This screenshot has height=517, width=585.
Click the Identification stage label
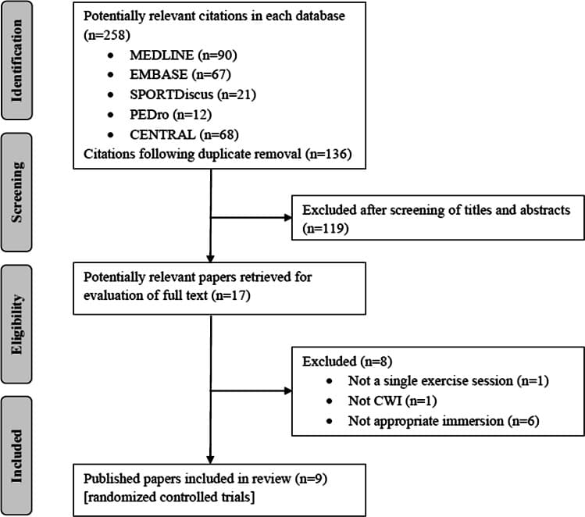coord(16,60)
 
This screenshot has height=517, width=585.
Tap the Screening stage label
coord(16,192)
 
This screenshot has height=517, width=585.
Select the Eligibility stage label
coord(16,324)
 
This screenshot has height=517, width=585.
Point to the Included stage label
coord(16,456)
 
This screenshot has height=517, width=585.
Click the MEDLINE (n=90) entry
coord(184,55)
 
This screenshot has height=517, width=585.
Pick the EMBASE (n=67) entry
coord(180,75)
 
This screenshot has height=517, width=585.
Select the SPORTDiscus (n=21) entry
coord(193,94)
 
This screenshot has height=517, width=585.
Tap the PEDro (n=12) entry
coord(170,115)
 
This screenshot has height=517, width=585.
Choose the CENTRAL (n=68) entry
coord(184,134)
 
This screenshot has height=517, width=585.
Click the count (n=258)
coord(107,35)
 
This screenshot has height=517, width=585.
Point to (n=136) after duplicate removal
coord(328,154)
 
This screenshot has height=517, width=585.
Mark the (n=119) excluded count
coord(326,228)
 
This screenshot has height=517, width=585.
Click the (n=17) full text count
coord(230,295)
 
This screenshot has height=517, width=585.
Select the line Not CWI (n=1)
coord(393,401)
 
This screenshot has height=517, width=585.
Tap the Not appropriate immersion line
coord(444,421)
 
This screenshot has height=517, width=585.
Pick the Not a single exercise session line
coord(448,381)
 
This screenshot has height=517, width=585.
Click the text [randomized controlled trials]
coord(169,497)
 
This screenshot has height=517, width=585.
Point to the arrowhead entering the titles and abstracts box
coord(288,217)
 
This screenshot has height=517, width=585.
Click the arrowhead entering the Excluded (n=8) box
coord(288,391)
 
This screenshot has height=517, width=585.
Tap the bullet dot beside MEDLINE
coord(110,55)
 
